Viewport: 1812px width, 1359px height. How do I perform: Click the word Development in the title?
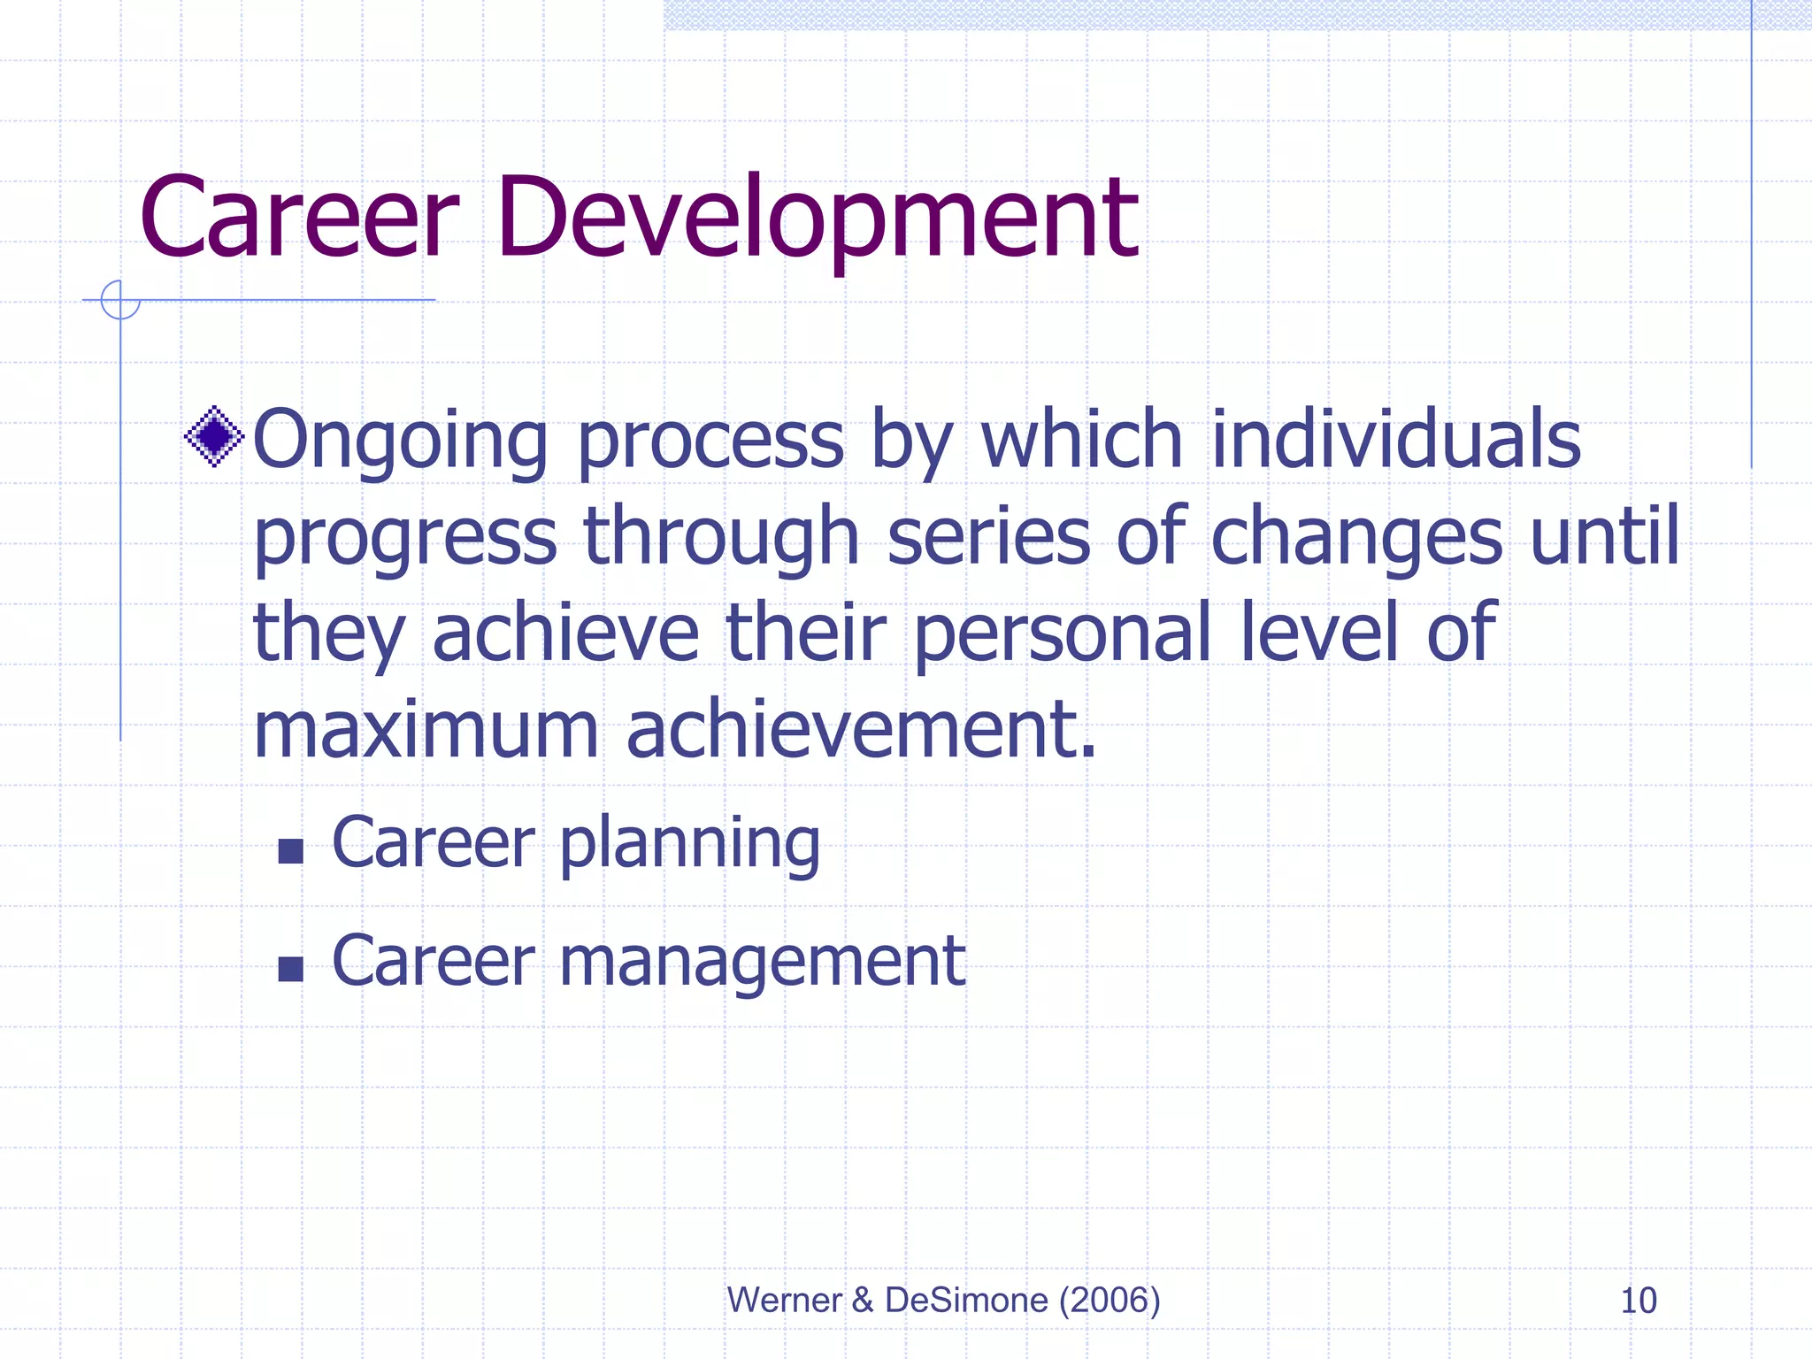click(x=816, y=219)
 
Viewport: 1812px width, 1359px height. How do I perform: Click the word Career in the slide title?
click(x=299, y=219)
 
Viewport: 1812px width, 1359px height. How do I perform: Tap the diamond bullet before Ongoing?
click(x=214, y=436)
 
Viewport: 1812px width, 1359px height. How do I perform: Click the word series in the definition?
click(x=988, y=537)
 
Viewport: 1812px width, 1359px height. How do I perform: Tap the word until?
click(x=1604, y=535)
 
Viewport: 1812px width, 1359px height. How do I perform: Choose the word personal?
click(x=1062, y=634)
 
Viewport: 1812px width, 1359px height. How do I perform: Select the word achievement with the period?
click(x=862, y=731)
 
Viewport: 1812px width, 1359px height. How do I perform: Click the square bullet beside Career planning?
click(x=290, y=851)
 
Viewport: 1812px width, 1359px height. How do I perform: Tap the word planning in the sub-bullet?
click(x=690, y=845)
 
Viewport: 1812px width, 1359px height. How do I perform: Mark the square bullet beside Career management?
click(x=290, y=970)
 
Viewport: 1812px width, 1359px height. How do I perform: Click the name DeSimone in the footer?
click(x=966, y=1301)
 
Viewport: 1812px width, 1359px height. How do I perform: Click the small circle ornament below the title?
click(x=120, y=300)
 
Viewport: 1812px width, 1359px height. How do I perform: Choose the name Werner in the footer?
click(x=784, y=1301)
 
